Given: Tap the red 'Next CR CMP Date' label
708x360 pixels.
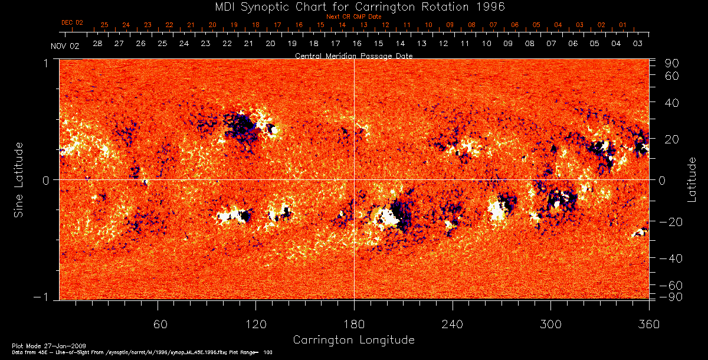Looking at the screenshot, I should (x=354, y=17).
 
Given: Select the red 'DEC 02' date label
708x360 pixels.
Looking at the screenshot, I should (x=73, y=22).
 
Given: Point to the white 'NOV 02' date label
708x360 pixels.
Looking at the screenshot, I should (x=65, y=46).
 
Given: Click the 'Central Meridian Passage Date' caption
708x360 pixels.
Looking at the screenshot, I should (x=354, y=55).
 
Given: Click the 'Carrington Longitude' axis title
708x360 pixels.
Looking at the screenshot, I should (x=353, y=340).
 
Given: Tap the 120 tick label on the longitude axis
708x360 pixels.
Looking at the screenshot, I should (x=256, y=324).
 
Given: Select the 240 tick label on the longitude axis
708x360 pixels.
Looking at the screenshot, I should (x=453, y=324).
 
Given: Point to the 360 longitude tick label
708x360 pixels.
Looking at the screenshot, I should (x=649, y=324).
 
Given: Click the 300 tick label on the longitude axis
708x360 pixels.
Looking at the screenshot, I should (x=550, y=324).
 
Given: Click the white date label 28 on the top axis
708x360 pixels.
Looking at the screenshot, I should (x=97, y=44).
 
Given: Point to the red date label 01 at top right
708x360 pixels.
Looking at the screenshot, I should (x=622, y=25).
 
